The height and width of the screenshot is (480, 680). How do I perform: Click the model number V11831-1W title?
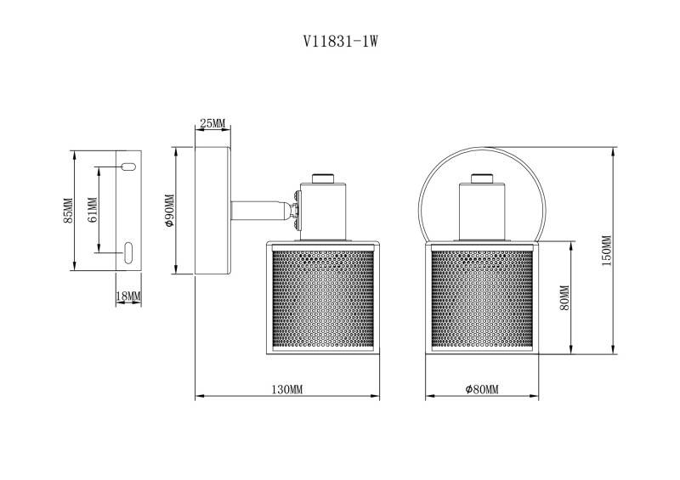(x=339, y=40)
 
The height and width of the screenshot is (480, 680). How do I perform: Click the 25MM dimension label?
(x=212, y=124)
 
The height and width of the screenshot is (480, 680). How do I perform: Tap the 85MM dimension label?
(x=68, y=211)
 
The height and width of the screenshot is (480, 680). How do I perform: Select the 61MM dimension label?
(x=93, y=210)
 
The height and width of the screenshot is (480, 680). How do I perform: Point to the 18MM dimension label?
(x=128, y=295)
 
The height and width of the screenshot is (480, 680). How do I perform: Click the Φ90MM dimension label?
(x=168, y=211)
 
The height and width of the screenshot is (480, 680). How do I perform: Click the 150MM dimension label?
(x=606, y=251)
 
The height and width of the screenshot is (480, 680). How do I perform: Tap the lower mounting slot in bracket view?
(x=127, y=251)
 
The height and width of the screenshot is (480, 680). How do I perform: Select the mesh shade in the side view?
(x=316, y=299)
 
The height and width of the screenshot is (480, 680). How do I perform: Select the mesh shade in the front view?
(x=480, y=299)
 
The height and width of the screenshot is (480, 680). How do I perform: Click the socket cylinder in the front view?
(x=480, y=212)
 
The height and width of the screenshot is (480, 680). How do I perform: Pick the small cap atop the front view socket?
(x=480, y=178)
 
